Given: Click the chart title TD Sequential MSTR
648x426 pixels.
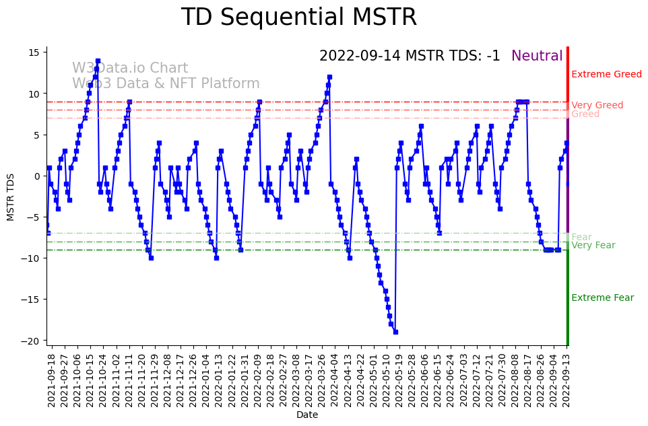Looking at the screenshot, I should click(299, 17).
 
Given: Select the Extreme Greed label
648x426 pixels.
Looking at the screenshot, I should click(606, 74).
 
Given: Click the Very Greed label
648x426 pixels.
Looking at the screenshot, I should click(597, 105).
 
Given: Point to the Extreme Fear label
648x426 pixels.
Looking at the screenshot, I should click(602, 298).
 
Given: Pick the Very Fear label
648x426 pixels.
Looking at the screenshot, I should click(593, 246).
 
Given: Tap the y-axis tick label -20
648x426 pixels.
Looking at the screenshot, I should click(33, 341).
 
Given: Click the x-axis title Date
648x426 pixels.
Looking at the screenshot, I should click(306, 415).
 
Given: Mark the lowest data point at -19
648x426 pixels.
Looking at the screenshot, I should click(395, 332).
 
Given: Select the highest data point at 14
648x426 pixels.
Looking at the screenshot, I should click(98, 61).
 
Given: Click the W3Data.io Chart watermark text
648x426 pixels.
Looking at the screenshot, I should click(130, 69).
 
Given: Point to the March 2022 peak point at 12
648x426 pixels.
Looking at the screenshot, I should click(329, 77).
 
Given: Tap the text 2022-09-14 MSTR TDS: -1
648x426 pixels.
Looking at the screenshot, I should click(410, 56).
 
